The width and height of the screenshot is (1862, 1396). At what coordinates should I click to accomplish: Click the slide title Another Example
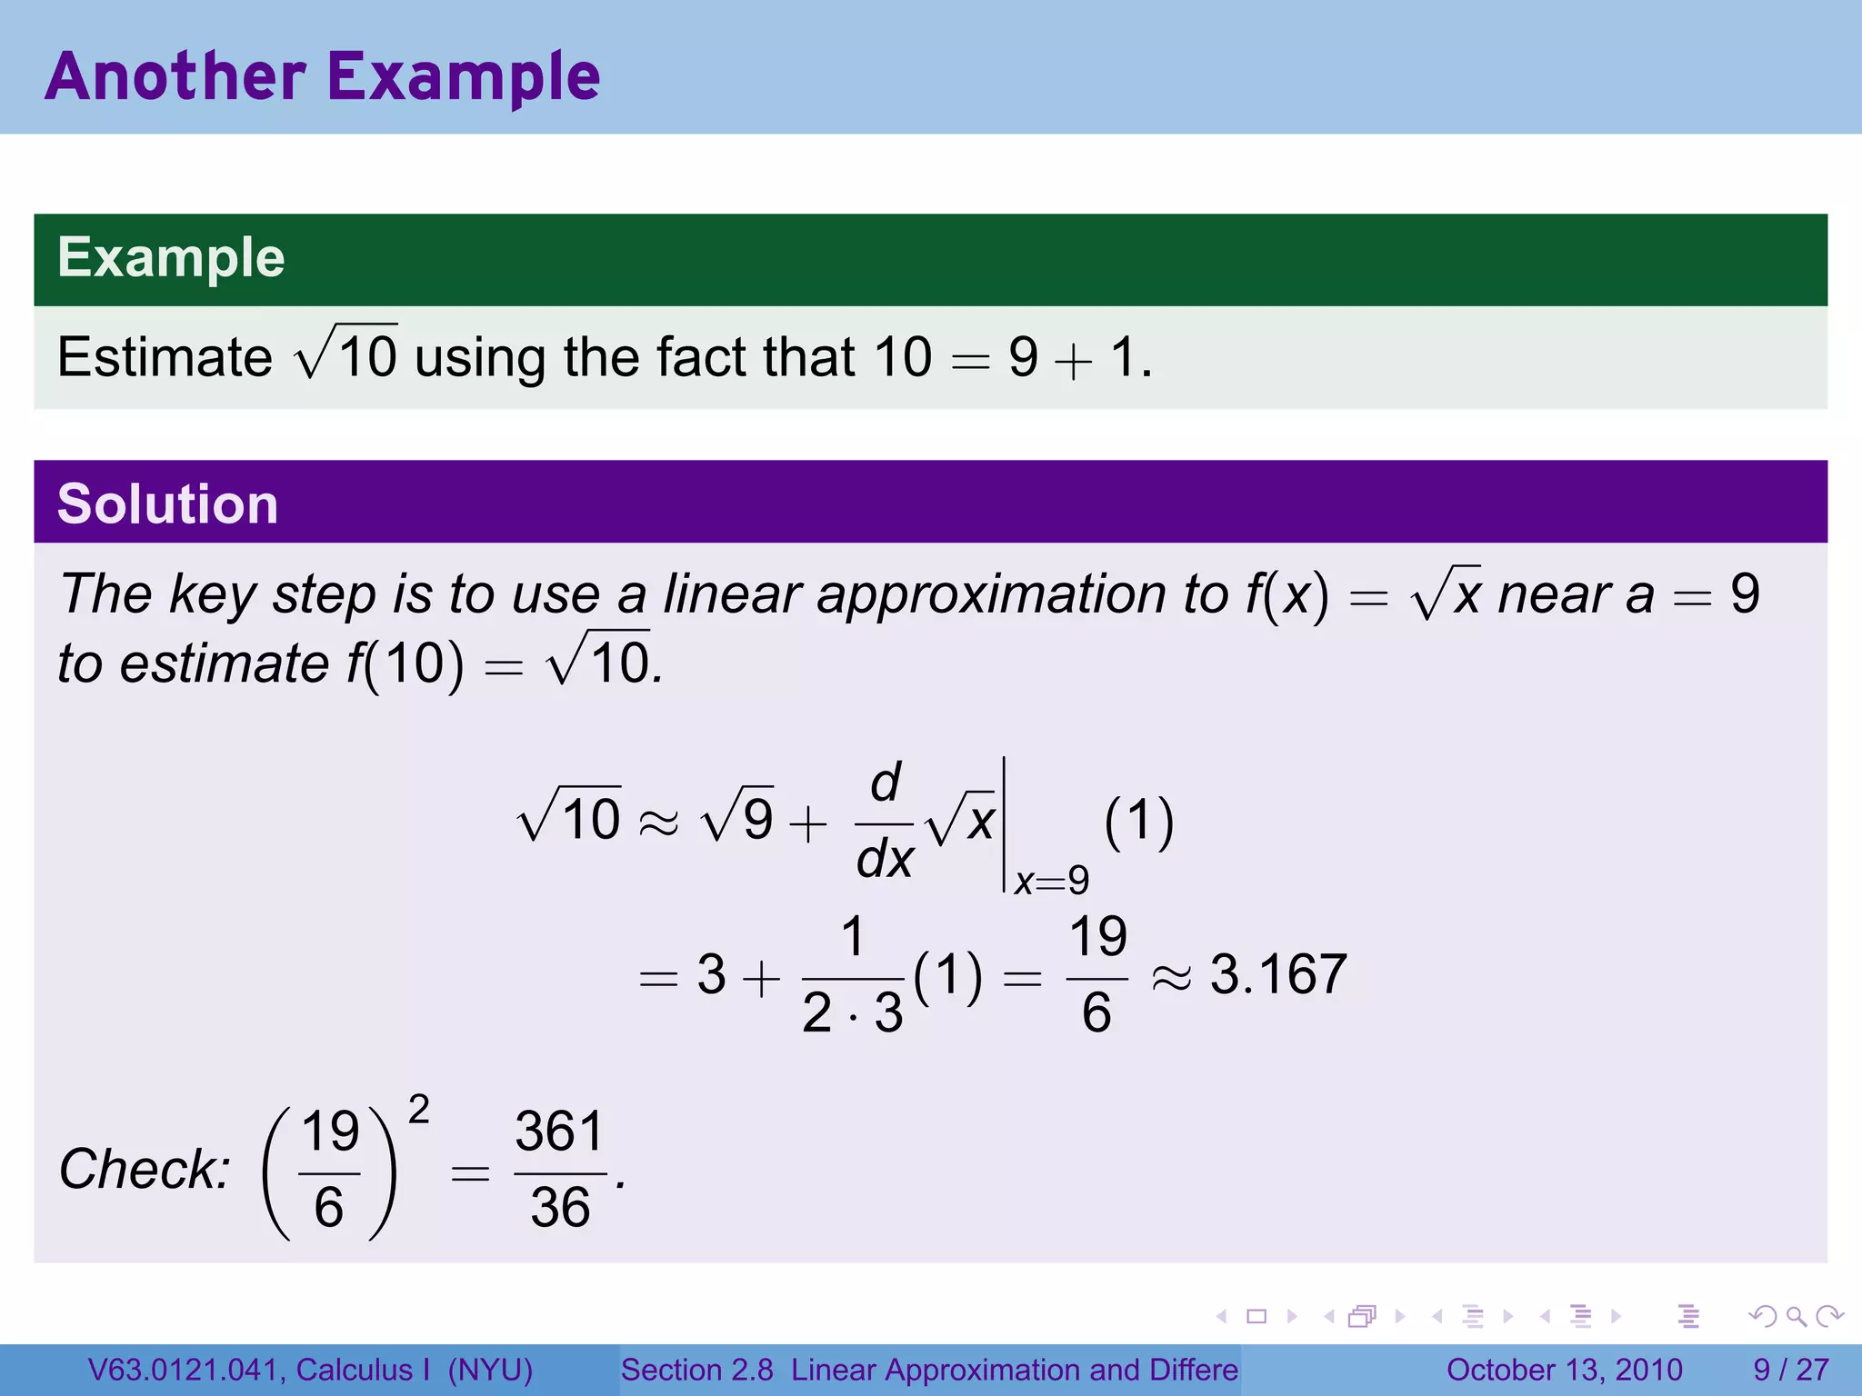click(323, 76)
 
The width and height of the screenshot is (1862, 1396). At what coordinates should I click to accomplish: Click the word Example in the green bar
click(171, 257)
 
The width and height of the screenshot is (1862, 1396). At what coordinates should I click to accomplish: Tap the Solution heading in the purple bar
click(167, 504)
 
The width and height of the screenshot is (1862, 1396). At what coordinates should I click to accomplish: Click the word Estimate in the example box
click(165, 356)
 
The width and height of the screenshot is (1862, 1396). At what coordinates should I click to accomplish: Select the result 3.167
click(1277, 974)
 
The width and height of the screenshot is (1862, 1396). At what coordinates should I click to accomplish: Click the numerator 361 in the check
click(560, 1132)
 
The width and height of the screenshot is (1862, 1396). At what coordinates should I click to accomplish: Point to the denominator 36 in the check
click(560, 1208)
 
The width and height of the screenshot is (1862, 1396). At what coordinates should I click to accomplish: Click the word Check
click(145, 1169)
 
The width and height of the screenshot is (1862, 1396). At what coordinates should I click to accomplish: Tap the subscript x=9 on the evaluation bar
click(1051, 881)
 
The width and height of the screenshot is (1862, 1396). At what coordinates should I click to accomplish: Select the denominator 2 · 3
click(852, 1012)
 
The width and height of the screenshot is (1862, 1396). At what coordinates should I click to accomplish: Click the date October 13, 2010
click(1564, 1370)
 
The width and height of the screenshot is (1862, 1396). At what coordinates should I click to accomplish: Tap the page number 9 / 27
click(1790, 1370)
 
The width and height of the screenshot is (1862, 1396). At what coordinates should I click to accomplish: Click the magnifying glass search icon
click(1796, 1316)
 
